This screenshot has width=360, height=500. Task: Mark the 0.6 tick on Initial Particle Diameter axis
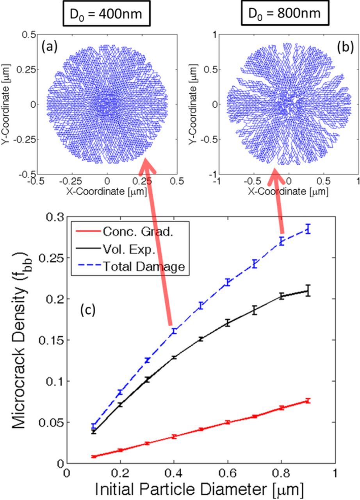(x=228, y=472)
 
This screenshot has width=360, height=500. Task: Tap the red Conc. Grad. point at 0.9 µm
(x=308, y=400)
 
